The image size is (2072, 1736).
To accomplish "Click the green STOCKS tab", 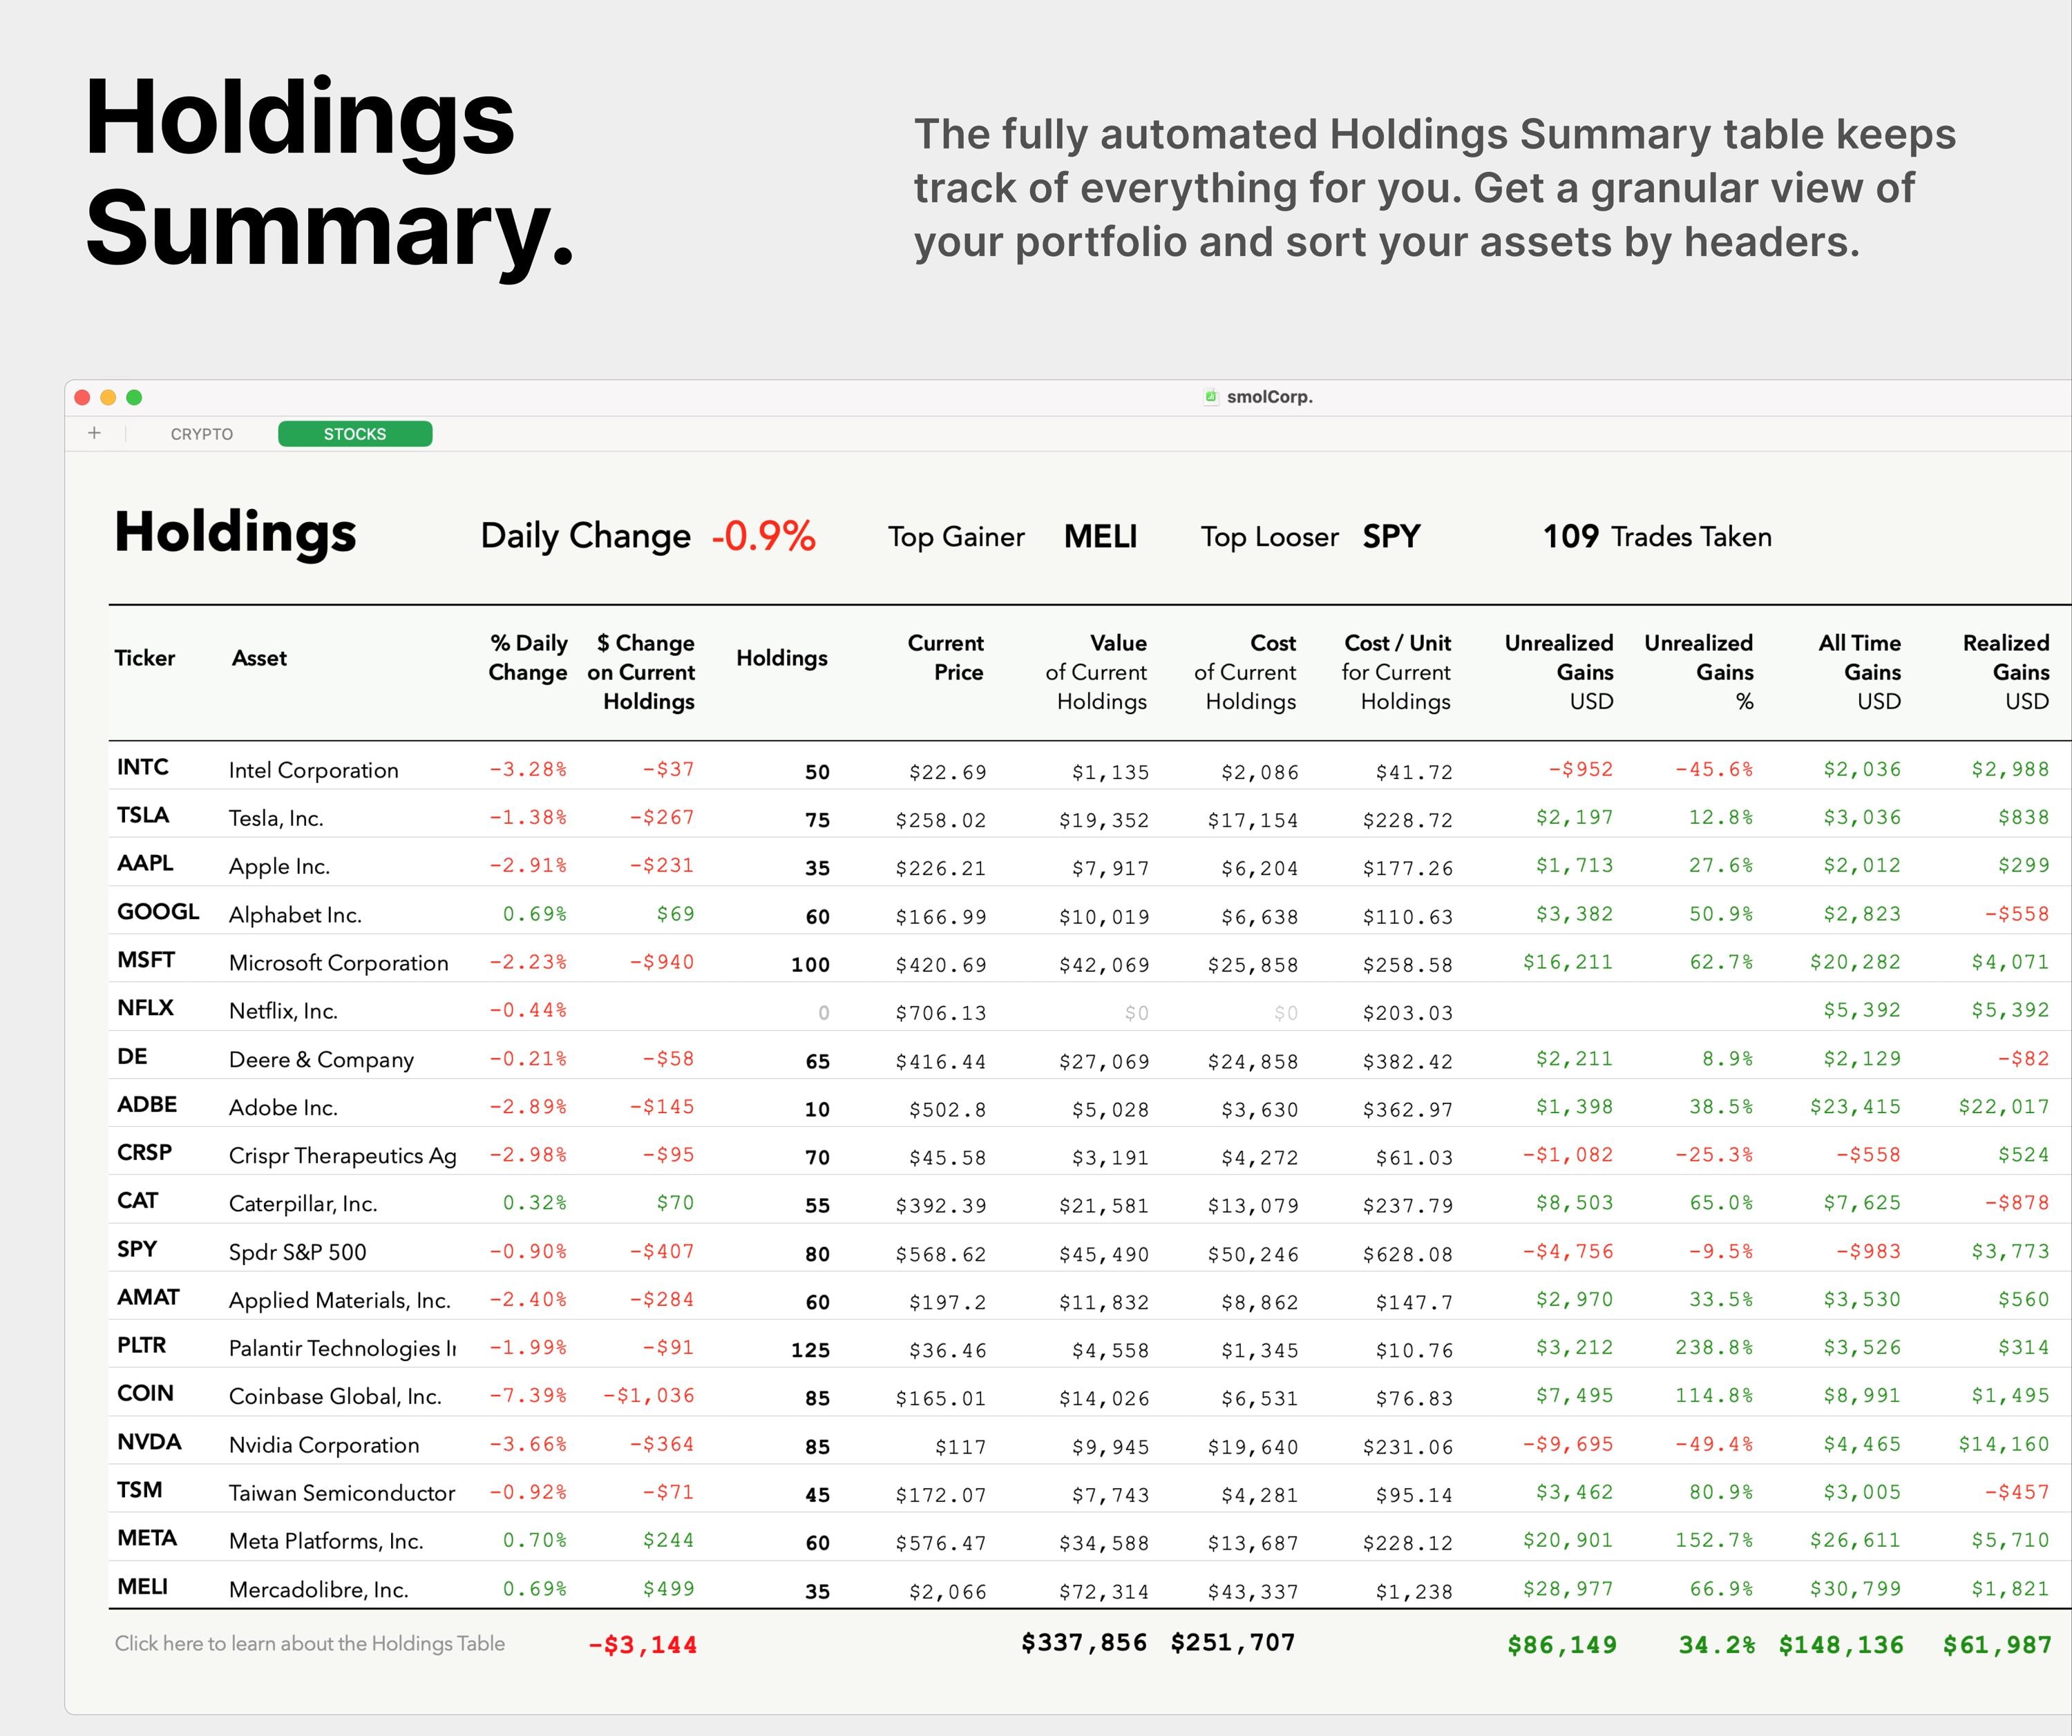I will coord(355,434).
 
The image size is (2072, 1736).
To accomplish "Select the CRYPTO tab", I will coord(201,434).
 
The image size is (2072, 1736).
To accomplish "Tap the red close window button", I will coord(83,398).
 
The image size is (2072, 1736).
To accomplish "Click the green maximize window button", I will coord(134,398).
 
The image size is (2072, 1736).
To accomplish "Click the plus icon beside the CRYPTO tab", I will coord(95,433).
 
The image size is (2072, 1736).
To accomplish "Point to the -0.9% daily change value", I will coord(763,537).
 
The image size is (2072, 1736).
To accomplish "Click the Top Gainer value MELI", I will coord(1100,537).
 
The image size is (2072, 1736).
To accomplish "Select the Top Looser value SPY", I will coord(1391,537).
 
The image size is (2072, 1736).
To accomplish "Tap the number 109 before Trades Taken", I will coord(1570,537).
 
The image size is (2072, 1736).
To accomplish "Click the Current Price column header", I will coord(945,658).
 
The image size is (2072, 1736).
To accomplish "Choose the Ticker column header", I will coord(144,658).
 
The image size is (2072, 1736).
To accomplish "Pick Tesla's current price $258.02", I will coord(940,820).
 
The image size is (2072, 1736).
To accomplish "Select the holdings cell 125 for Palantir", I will coord(810,1350).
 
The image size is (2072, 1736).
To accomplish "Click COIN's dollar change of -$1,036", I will coord(649,1396).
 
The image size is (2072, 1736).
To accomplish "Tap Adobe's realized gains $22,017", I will coord(2003,1107).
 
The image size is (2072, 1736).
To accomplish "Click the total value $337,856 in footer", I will coord(1083,1642).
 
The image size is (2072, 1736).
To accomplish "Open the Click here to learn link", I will coord(310,1643).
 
